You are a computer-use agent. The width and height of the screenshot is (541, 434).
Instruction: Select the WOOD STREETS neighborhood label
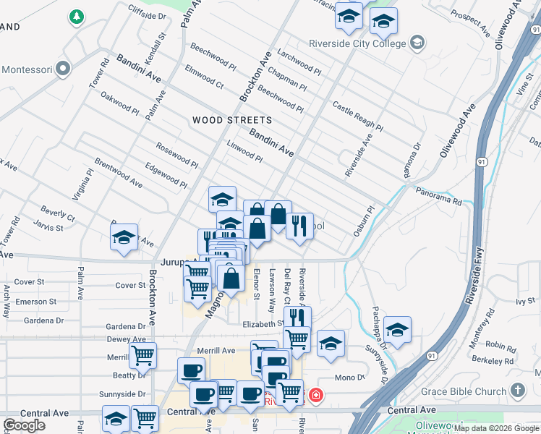[x=232, y=120]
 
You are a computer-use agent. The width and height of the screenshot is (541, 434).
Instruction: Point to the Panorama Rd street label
[x=438, y=197]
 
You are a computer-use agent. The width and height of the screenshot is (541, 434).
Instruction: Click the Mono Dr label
[x=349, y=378]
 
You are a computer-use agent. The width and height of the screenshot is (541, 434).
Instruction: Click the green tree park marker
[x=75, y=16]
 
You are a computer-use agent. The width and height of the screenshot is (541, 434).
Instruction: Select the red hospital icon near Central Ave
[x=316, y=395]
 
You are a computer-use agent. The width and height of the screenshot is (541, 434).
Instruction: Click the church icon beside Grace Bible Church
[x=517, y=391]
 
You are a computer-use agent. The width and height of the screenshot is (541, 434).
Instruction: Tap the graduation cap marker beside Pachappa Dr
[x=397, y=329]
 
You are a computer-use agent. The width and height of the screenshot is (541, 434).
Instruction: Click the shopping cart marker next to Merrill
[x=142, y=354]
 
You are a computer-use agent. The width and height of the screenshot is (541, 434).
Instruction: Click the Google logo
[x=24, y=425]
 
